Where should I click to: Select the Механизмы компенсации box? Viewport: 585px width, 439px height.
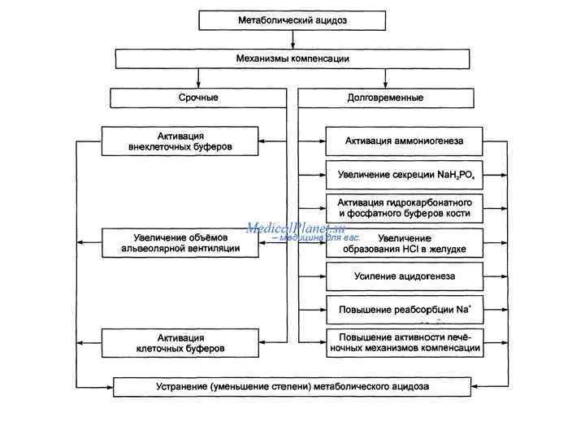pyautogui.click(x=292, y=59)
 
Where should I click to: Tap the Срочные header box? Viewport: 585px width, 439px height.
pyautogui.click(x=198, y=98)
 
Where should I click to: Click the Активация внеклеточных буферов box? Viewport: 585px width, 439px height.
pyautogui.click(x=180, y=141)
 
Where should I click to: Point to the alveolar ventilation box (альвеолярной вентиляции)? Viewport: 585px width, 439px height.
pyautogui.click(x=180, y=242)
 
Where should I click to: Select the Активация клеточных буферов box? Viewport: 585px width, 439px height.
pyautogui.click(x=180, y=342)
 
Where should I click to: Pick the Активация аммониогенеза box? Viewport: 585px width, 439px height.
pyautogui.click(x=404, y=141)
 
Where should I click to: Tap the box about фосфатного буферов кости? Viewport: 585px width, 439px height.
pyautogui.click(x=404, y=207)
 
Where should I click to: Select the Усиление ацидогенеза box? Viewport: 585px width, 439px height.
pyautogui.click(x=404, y=276)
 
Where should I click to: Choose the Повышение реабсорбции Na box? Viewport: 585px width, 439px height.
pyautogui.click(x=404, y=309)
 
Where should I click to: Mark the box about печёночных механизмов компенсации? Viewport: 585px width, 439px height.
pyautogui.click(x=404, y=342)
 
